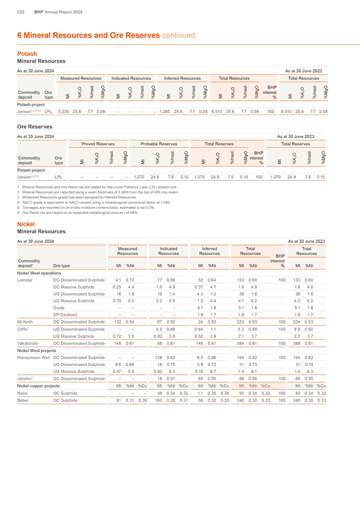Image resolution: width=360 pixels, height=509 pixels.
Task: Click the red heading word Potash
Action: click(27, 54)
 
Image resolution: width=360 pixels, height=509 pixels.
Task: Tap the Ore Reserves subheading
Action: click(35, 127)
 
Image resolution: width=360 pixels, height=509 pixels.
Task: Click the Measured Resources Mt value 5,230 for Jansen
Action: click(63, 112)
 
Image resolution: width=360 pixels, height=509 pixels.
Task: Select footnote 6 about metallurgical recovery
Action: click(77, 212)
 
